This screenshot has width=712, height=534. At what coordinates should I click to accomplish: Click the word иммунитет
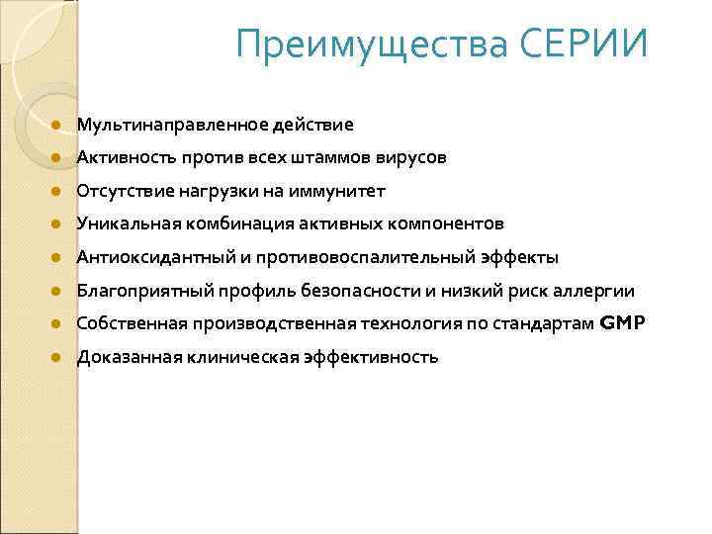point(335,191)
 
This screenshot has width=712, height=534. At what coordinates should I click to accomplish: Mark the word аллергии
point(599,291)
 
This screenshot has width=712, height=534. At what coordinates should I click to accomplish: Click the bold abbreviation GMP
point(622,323)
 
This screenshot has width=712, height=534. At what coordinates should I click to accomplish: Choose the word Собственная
point(128,323)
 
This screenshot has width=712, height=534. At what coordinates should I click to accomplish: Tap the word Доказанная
point(122,357)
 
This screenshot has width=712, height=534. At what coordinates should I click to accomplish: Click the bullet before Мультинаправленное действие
point(57,126)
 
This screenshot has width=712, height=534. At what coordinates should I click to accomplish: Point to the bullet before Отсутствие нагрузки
point(57,192)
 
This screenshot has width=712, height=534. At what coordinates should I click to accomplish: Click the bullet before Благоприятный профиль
point(57,292)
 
